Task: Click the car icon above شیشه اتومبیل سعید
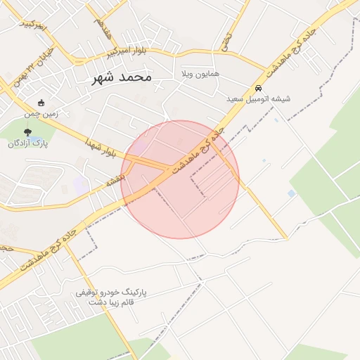(259, 89)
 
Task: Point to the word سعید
(234, 99)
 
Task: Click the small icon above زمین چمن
(41, 103)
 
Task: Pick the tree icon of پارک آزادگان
(28, 131)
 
